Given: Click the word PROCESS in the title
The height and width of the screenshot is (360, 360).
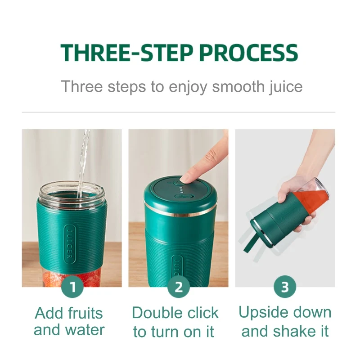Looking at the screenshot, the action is click(x=249, y=53).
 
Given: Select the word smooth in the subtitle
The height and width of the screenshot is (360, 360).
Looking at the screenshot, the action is click(x=238, y=86).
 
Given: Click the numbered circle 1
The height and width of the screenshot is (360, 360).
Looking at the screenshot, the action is click(x=72, y=287).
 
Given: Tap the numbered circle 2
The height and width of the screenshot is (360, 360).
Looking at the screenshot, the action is click(x=179, y=287).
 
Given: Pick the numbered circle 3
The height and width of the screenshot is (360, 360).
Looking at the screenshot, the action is click(x=285, y=287).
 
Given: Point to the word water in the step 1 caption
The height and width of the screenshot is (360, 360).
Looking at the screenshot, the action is click(x=85, y=330).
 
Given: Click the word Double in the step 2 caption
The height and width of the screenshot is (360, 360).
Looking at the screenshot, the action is click(x=157, y=313).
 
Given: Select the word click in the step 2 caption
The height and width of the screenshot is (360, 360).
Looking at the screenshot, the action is click(x=203, y=313).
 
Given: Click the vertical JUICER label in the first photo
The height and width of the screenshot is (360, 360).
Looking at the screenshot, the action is click(x=70, y=244).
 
